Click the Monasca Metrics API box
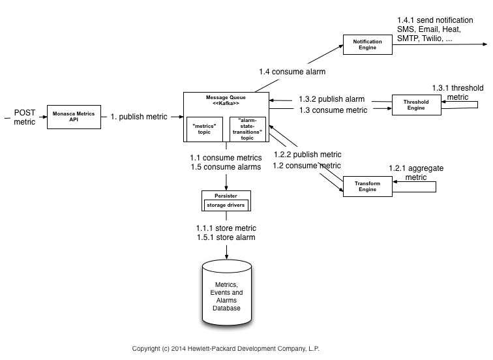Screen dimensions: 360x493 [x=74, y=116]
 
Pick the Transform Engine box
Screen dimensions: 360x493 [x=367, y=187]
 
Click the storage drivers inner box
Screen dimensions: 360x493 [x=226, y=205]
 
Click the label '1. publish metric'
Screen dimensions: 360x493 [x=138, y=117]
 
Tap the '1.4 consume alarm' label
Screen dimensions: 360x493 [x=291, y=71]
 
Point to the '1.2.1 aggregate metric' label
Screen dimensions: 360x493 [x=416, y=173]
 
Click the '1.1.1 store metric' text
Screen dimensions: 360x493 [x=226, y=228]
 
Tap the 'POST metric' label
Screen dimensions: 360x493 [x=25, y=117]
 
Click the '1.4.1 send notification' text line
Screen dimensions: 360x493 [x=440, y=21]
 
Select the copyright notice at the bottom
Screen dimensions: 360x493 [x=226, y=348]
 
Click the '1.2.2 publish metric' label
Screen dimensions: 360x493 [x=308, y=155]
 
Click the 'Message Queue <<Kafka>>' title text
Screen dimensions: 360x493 [x=226, y=100]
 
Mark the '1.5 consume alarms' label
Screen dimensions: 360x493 [x=226, y=167]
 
